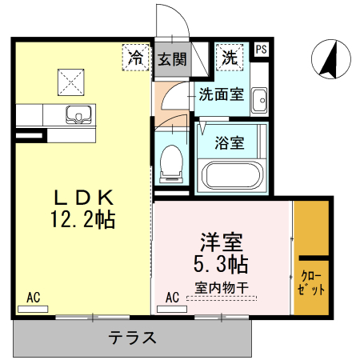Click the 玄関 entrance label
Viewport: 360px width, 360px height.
(170, 58)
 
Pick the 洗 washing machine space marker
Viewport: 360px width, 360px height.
(230, 58)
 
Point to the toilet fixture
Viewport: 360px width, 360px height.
(170, 162)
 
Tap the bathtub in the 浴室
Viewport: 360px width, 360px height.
(232, 174)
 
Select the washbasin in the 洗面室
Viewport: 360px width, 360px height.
(258, 101)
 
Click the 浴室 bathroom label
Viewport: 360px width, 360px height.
(230, 144)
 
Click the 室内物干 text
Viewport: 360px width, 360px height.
(220, 285)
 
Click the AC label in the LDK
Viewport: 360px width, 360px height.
(34, 298)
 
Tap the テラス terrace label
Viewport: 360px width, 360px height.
(133, 338)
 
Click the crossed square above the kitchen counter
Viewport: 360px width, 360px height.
(70, 80)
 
